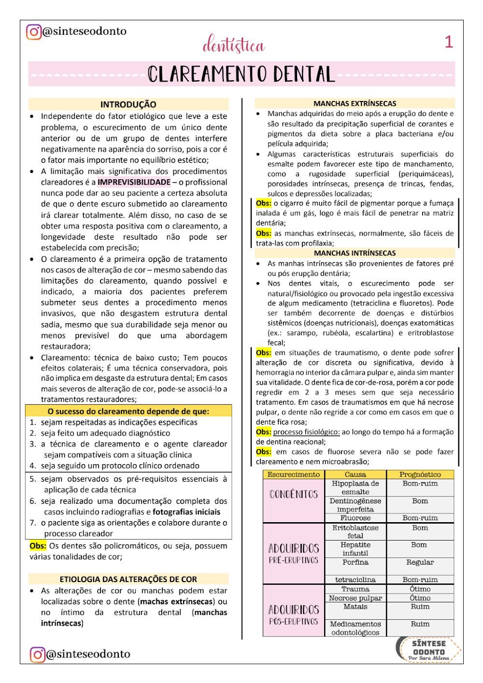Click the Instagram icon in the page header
(x=34, y=32)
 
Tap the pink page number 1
(x=449, y=42)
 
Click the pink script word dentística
(x=234, y=45)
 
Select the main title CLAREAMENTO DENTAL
(x=241, y=74)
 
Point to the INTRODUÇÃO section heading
(x=128, y=104)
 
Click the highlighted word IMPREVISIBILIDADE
(x=134, y=182)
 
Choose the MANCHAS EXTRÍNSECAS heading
(x=355, y=103)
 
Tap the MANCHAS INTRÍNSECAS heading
(x=355, y=253)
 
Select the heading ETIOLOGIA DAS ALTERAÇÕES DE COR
(x=128, y=579)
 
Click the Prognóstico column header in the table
(x=420, y=474)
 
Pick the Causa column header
(x=355, y=474)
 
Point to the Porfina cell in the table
(x=355, y=562)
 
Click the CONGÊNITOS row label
(x=294, y=495)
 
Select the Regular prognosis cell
(x=420, y=562)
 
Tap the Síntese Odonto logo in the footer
(x=428, y=649)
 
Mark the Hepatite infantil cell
(x=355, y=549)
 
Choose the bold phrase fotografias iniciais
(x=186, y=512)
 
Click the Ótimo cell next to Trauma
(x=420, y=589)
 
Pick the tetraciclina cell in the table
(x=355, y=580)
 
